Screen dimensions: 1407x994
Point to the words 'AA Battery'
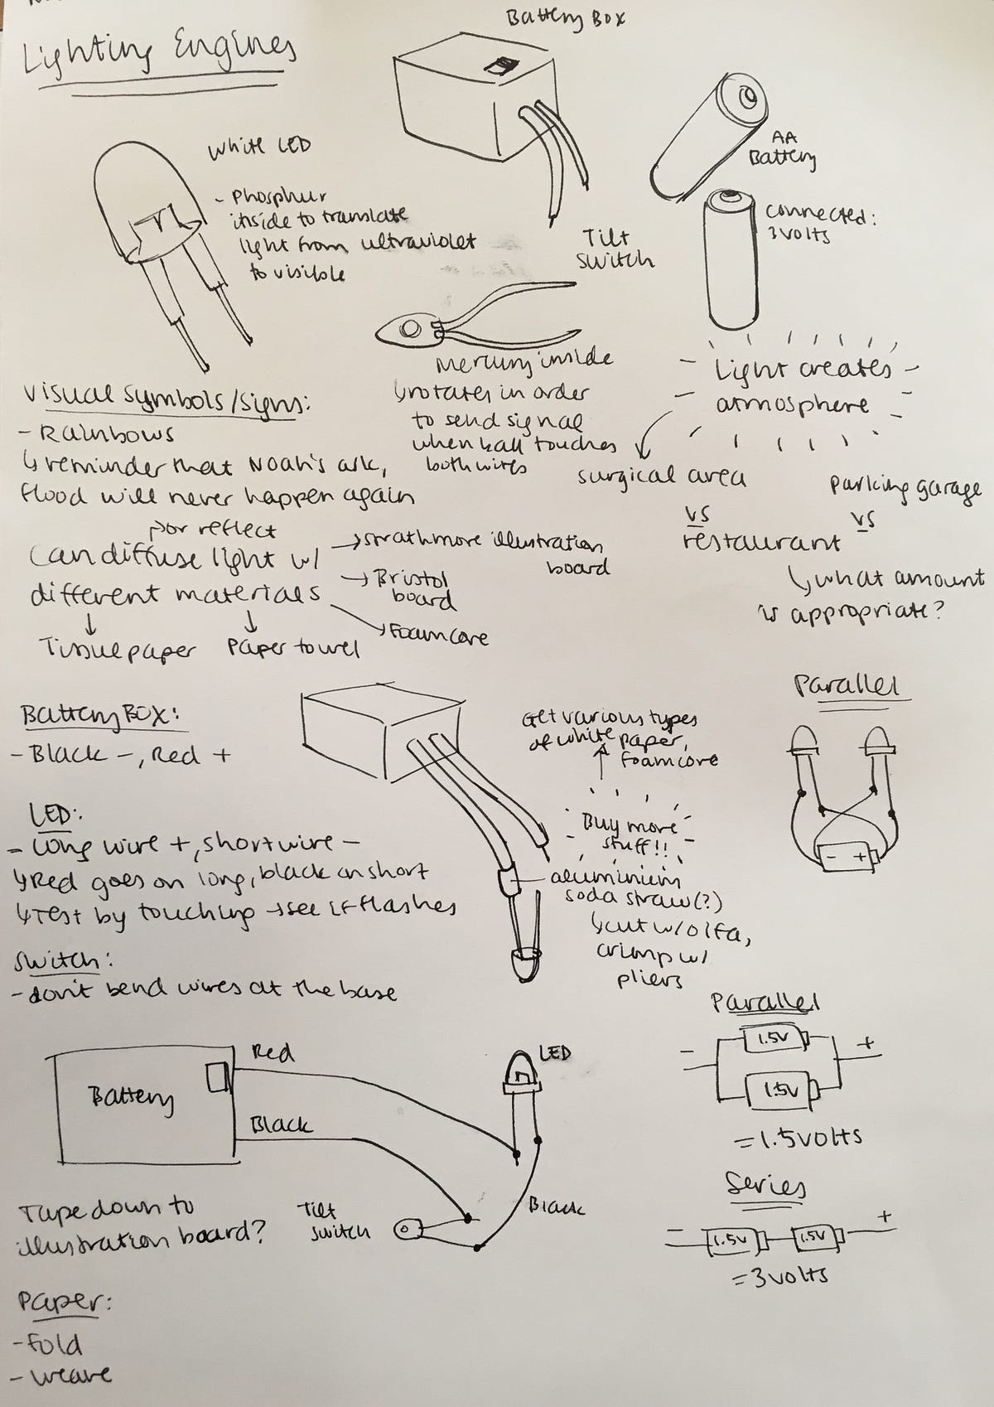pyautogui.click(x=783, y=149)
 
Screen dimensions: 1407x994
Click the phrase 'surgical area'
pyautogui.click(x=662, y=477)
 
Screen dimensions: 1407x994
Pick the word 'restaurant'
pyautogui.click(x=761, y=542)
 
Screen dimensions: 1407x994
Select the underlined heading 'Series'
pyautogui.click(x=765, y=1185)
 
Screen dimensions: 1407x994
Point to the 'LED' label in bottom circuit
pyautogui.click(x=555, y=1053)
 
